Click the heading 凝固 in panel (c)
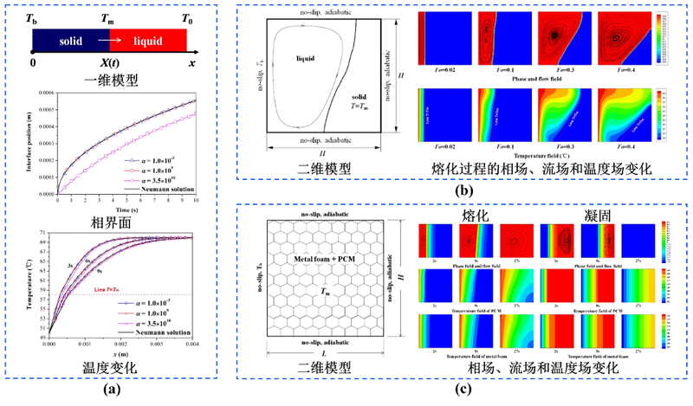[x=586, y=210]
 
